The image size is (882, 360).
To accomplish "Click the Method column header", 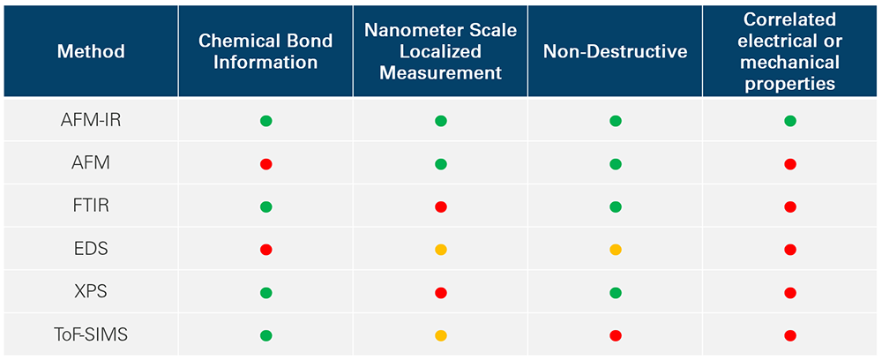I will click(91, 51).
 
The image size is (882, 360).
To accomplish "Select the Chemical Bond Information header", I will click(265, 51).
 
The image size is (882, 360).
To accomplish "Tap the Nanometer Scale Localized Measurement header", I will click(440, 51).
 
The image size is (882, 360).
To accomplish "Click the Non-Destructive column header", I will click(615, 51).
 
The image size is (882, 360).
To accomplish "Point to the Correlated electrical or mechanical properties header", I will click(790, 51).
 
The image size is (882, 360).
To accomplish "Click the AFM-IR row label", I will click(91, 121).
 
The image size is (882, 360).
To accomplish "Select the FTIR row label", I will click(91, 206).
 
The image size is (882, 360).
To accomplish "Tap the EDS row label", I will click(91, 250).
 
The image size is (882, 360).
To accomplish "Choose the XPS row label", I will click(91, 292).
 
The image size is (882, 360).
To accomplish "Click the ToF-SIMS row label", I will click(91, 335).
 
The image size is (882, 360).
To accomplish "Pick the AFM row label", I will click(91, 164).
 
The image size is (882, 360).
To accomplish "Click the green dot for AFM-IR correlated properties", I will click(790, 121).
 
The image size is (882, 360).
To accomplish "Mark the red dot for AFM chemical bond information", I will click(265, 164).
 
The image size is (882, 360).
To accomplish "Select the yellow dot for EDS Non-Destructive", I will click(616, 250).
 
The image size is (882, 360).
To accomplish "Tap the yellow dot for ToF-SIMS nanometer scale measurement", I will click(441, 335).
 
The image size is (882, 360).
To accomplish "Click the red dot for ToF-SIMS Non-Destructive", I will click(616, 335).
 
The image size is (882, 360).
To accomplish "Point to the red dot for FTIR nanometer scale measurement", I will click(441, 206).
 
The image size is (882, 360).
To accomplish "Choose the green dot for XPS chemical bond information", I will click(265, 292).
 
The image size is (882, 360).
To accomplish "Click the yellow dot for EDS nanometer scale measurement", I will click(441, 250).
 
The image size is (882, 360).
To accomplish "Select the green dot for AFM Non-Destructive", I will click(616, 164).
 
